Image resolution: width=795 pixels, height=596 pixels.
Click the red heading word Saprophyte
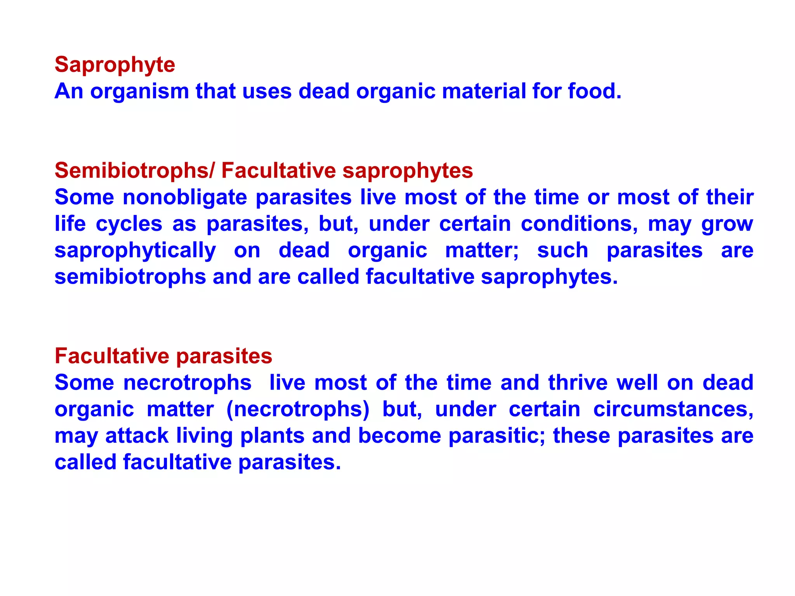point(115,65)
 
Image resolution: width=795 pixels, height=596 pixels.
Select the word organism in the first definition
point(139,92)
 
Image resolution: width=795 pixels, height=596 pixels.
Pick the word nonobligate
point(185,198)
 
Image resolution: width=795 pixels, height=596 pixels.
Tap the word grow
point(727,225)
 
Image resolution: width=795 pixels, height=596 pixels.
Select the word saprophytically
point(135,251)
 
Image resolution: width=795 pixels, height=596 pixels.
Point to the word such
point(562,250)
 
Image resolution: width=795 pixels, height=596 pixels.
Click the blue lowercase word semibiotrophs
point(130,277)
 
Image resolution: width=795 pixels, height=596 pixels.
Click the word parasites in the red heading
point(224,356)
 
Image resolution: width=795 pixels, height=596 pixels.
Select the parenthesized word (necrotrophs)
point(298,409)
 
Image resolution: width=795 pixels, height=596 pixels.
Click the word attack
point(137,436)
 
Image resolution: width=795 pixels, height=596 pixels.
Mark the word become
point(399,436)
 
